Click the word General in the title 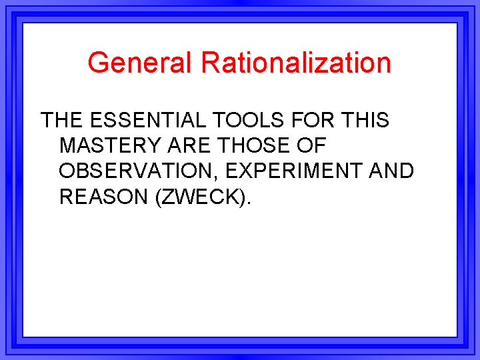coord(141,63)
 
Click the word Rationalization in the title coord(297,63)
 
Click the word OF coord(312,146)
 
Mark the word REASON coord(103,197)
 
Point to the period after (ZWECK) coord(250,203)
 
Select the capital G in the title coord(99,63)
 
